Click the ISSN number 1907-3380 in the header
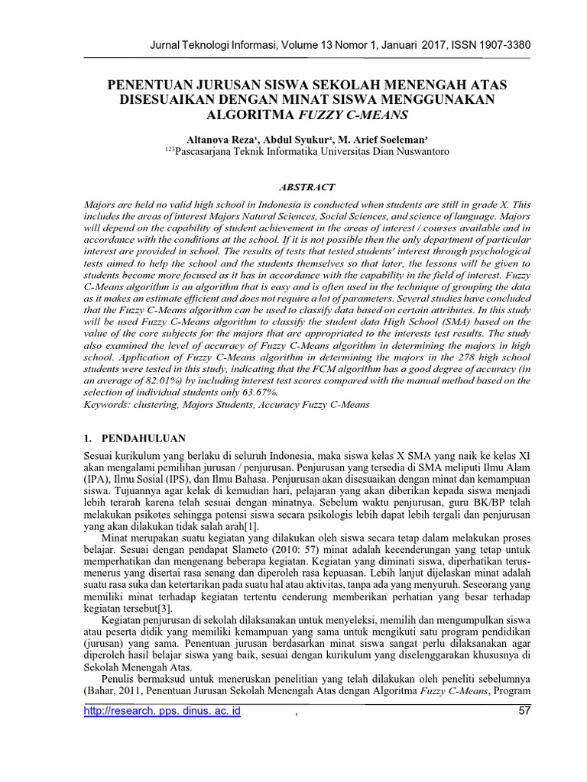pos(491,44)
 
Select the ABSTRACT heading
pos(306,186)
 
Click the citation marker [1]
pos(251,527)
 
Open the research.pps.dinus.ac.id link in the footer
pos(162,712)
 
